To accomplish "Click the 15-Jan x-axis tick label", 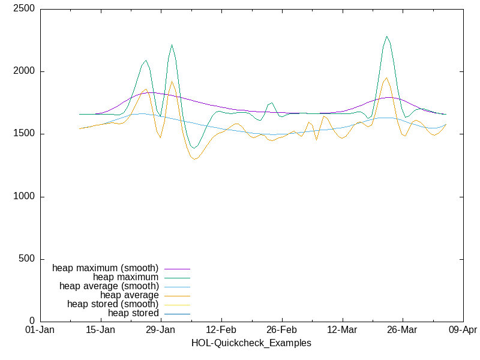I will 100,331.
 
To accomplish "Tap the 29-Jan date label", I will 161,331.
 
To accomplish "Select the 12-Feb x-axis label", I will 221,331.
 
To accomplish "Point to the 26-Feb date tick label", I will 281,331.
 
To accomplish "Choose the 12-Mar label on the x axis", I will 342,331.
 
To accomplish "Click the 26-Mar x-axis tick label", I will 402,331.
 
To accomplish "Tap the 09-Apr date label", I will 463,331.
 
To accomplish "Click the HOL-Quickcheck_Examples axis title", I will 251,343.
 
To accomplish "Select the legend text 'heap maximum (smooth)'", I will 106,268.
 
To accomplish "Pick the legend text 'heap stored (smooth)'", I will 113,304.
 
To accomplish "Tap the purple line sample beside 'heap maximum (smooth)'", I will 177,268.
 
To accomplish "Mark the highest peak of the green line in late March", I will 387,36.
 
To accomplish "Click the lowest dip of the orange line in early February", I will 194,159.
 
